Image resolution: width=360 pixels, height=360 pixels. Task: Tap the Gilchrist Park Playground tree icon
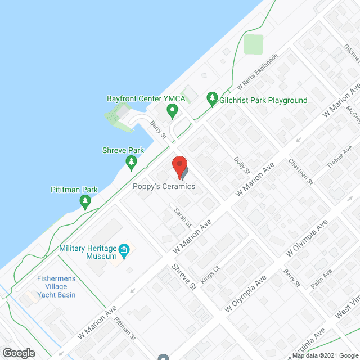[x=212, y=100]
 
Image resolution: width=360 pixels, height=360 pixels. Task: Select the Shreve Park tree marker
[x=132, y=163]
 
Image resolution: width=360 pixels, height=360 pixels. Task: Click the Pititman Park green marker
[x=85, y=202]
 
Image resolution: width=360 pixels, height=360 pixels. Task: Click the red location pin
[x=179, y=166]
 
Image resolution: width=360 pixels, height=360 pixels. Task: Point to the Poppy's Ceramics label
[x=164, y=186]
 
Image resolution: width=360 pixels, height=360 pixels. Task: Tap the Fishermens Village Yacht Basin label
[x=49, y=286]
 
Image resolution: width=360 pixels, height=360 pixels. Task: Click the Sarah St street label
[x=181, y=217]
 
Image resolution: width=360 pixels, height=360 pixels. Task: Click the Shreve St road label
[x=183, y=276]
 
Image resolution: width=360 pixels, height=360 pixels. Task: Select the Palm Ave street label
[x=322, y=279]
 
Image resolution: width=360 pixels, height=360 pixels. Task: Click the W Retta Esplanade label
[x=258, y=73]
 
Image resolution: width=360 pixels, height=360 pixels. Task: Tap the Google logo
[x=18, y=353]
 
